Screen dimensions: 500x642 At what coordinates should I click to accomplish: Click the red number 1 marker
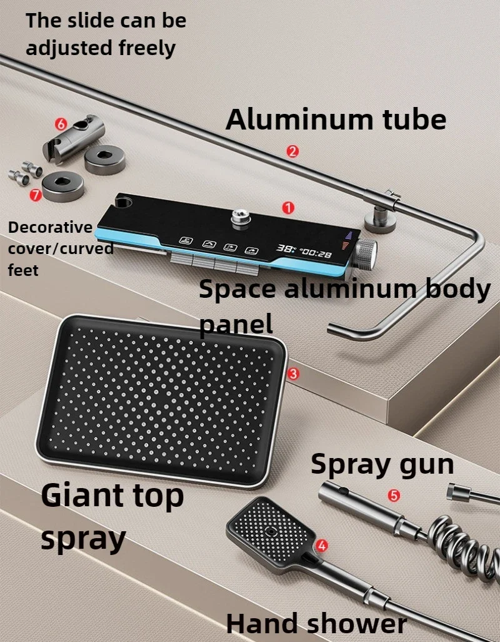pos(288,208)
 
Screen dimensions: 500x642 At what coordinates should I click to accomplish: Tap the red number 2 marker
pos(292,151)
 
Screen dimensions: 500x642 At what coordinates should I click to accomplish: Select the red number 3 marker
pos(293,374)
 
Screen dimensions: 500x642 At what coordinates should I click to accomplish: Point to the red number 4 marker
pos(322,546)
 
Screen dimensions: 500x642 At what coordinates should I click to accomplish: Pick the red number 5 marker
pos(394,496)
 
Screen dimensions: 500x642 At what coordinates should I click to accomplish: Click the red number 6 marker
pos(61,124)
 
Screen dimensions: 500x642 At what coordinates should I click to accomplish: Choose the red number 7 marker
pos(36,195)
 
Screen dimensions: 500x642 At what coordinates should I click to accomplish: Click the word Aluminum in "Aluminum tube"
pos(299,120)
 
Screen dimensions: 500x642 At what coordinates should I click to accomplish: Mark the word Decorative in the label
pos(50,227)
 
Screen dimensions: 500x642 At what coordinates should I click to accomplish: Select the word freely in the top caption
pos(147,49)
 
